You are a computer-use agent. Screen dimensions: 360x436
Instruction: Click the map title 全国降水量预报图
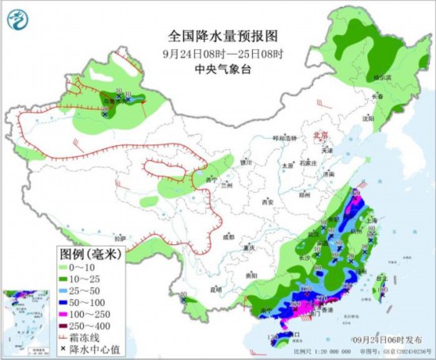point(224,36)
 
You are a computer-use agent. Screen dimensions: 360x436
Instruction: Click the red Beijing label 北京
point(319,136)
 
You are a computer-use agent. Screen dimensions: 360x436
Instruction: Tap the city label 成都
point(228,236)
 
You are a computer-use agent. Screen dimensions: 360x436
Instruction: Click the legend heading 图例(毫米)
point(90,255)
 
